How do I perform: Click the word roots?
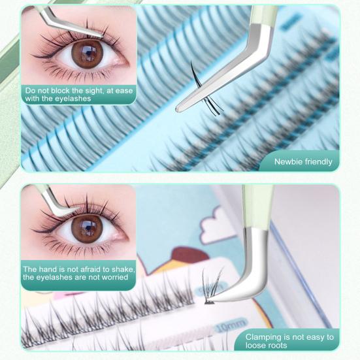point(284,347)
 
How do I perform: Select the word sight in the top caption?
point(89,90)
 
